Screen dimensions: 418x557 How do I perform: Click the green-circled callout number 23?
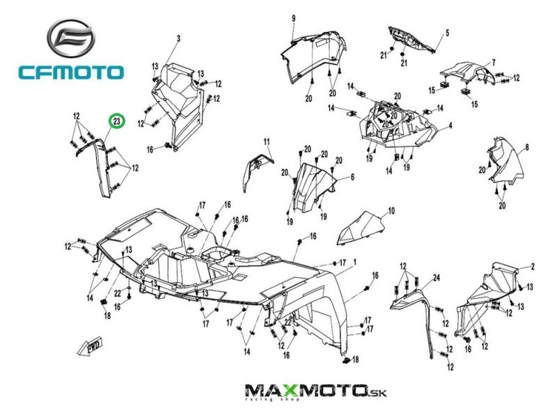pyautogui.click(x=118, y=122)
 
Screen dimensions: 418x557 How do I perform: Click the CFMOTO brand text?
pyautogui.click(x=71, y=72)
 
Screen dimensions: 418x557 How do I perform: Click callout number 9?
pyautogui.click(x=293, y=17)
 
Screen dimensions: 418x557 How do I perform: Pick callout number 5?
pyautogui.click(x=447, y=33)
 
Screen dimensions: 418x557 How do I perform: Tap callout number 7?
pyautogui.click(x=494, y=63)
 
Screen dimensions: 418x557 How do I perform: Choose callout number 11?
pyautogui.click(x=266, y=142)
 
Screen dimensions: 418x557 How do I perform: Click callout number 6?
pyautogui.click(x=352, y=178)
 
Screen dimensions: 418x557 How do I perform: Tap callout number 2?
pyautogui.click(x=532, y=267)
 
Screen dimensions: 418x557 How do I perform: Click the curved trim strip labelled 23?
pyautogui.click(x=104, y=167)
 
